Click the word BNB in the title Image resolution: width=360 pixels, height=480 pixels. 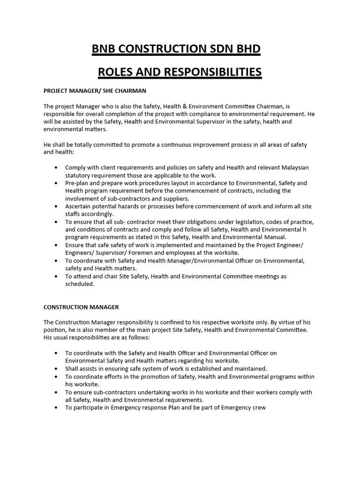click(105, 49)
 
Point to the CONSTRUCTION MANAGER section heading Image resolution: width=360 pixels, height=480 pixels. click(81, 307)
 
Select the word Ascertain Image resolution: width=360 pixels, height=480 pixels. click(80, 206)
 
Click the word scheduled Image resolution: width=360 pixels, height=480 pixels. click(80, 284)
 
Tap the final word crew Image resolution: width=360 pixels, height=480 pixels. click(258, 407)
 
